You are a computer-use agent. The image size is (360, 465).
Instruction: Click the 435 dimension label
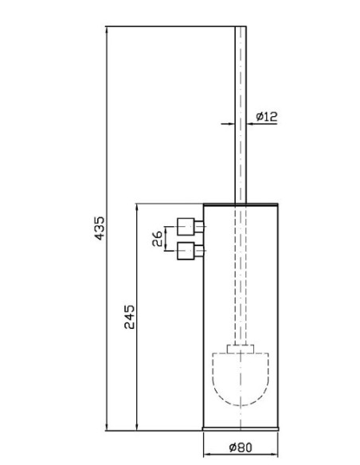100,228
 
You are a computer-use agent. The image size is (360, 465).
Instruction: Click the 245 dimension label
129,317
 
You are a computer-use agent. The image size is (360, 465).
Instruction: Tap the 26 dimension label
157,239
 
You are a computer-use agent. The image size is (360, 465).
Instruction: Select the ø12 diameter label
267,116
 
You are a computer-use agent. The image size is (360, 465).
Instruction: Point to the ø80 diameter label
241,447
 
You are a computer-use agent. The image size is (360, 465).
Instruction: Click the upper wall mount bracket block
186,227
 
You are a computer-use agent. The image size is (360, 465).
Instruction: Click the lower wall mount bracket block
186,251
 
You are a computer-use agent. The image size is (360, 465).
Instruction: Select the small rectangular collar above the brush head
241,349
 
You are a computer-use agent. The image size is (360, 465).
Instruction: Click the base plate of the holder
241,428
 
